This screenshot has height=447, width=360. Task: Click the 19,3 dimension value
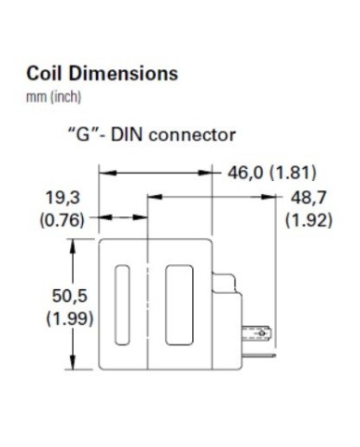tap(60, 198)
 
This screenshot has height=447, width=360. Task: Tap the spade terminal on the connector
tap(259, 331)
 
